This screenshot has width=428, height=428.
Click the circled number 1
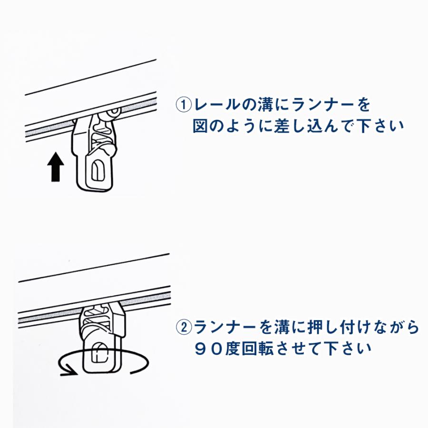click(184, 105)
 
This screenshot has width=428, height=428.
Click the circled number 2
click(184, 327)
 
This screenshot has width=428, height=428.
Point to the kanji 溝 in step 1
click(264, 105)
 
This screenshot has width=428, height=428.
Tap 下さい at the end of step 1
click(380, 126)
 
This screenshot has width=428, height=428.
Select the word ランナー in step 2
click(229, 327)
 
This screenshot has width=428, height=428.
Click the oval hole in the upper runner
click(96, 170)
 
